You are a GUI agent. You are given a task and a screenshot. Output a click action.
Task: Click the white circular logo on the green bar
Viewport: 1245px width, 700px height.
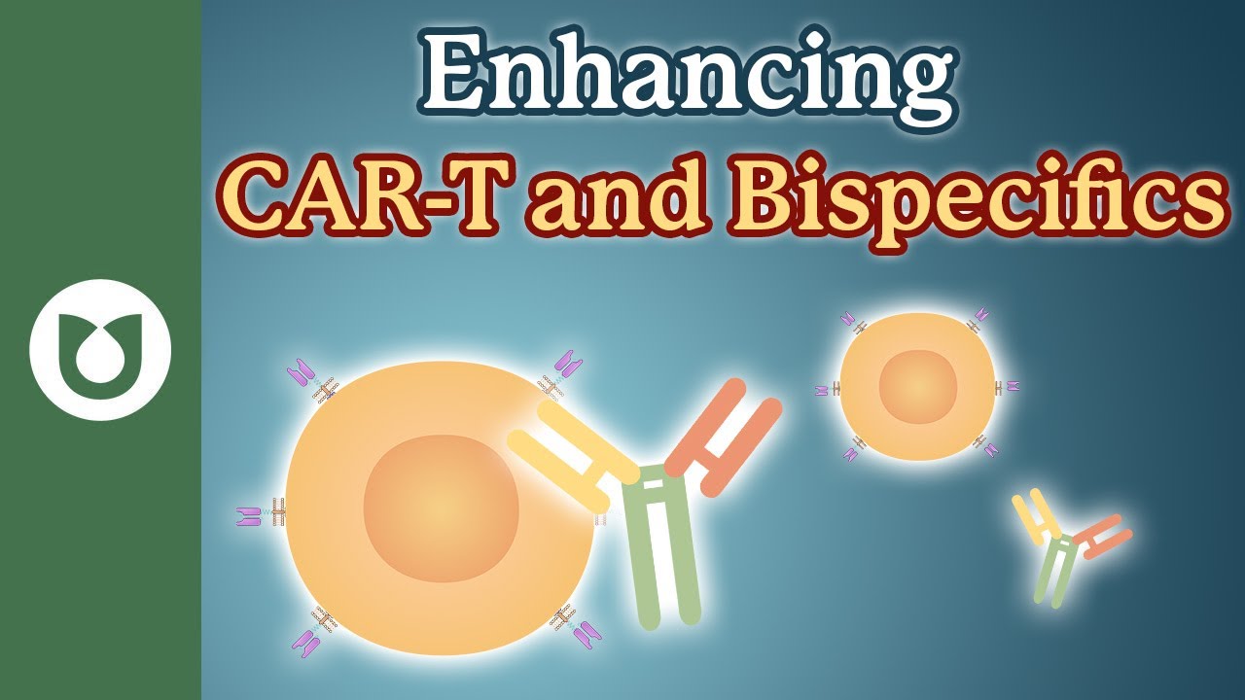pyautogui.click(x=100, y=349)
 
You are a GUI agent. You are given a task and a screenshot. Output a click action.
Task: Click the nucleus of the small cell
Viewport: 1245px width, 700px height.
pyautogui.click(x=918, y=387)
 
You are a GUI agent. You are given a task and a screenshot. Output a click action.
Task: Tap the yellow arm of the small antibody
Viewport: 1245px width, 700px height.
pyautogui.click(x=1035, y=514)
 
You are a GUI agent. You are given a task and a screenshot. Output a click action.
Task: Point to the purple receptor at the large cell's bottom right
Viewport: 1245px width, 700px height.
pyautogui.click(x=587, y=636)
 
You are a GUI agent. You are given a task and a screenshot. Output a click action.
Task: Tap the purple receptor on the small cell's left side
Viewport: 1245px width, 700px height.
pyautogui.click(x=821, y=391)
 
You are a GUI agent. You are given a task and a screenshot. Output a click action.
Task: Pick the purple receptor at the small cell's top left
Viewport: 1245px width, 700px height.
pyautogui.click(x=848, y=319)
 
